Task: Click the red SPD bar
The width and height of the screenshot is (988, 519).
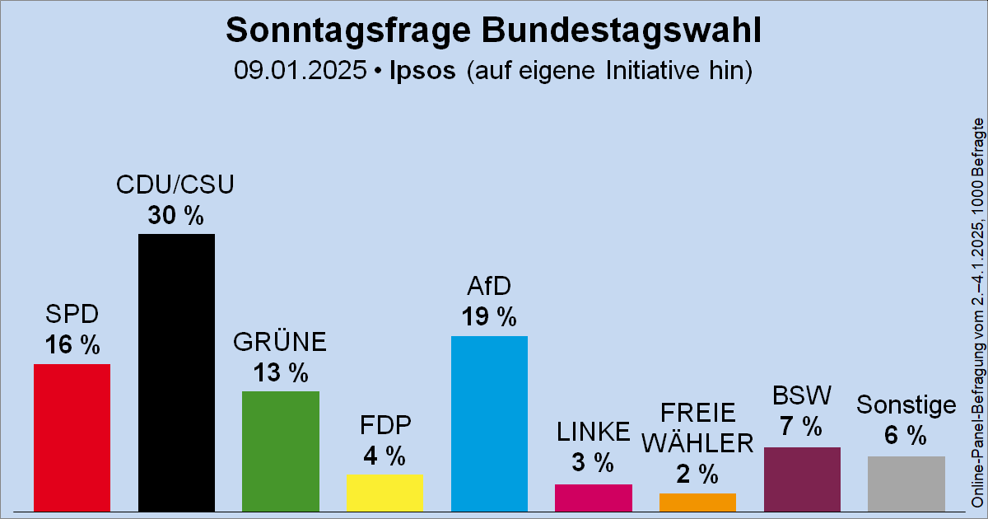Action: [72, 437]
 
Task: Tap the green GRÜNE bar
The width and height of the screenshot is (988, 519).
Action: [280, 451]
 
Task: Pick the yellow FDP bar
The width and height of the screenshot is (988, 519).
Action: [384, 492]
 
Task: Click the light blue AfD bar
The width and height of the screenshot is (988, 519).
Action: [489, 423]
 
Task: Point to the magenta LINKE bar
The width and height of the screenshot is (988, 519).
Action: [594, 497]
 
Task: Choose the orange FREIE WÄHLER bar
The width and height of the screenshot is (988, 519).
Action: [697, 502]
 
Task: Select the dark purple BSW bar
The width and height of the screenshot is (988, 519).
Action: [802, 479]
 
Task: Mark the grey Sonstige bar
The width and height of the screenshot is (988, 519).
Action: [906, 484]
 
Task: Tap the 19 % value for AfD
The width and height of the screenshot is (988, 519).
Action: [489, 316]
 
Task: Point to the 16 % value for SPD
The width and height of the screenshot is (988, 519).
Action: [72, 344]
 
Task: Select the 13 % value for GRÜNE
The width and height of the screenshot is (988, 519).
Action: [280, 372]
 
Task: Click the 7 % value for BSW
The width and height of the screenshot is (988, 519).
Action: [802, 428]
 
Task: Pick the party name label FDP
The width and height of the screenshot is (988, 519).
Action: [384, 425]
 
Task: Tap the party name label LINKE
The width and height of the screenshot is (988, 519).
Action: [594, 432]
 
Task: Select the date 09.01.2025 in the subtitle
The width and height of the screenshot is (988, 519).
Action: [300, 70]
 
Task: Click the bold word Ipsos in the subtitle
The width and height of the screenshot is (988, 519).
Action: [422, 70]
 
